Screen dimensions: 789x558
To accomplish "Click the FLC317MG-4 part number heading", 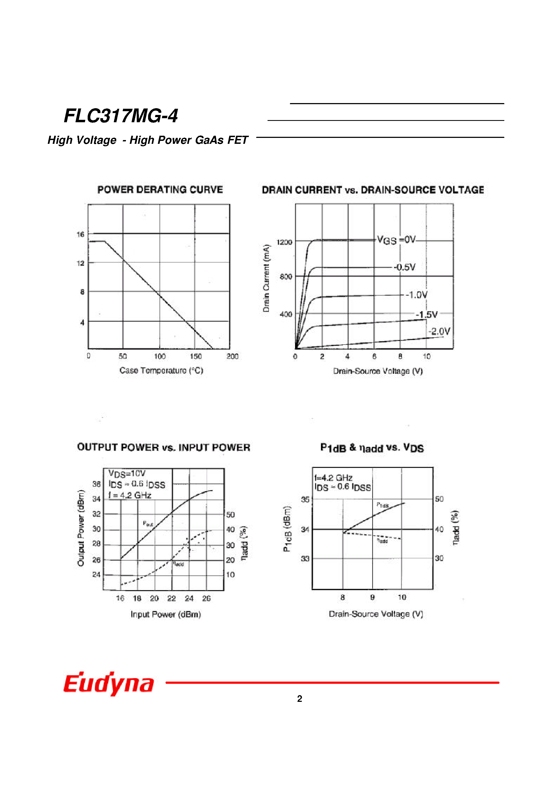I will pyautogui.click(x=121, y=116).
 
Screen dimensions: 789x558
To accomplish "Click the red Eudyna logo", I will pyautogui.click(x=109, y=683).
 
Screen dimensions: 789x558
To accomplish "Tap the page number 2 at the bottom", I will pyautogui.click(x=299, y=699).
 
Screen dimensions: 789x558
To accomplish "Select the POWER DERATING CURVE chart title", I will pyautogui.click(x=160, y=190).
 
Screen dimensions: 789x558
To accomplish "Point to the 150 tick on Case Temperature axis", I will pyautogui.click(x=196, y=356).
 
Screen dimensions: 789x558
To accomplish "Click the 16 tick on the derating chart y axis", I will pyautogui.click(x=80, y=234).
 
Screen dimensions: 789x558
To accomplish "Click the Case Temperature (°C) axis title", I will pyautogui.click(x=161, y=370).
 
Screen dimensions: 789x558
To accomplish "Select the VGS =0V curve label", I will pyautogui.click(x=396, y=240).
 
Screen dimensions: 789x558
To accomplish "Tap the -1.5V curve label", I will pyautogui.click(x=426, y=315).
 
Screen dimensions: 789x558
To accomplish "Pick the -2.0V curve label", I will pyautogui.click(x=439, y=331).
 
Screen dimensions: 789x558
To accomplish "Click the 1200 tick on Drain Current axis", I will pyautogui.click(x=284, y=242).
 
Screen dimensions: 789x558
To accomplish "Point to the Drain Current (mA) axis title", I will pyautogui.click(x=266, y=278).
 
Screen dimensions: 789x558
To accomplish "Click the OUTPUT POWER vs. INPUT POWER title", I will pyautogui.click(x=163, y=447).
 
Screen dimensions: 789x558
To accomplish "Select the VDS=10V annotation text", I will pyautogui.click(x=127, y=474).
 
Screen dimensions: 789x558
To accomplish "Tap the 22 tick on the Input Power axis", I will pyautogui.click(x=172, y=598).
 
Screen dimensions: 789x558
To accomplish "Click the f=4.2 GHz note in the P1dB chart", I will pyautogui.click(x=333, y=478).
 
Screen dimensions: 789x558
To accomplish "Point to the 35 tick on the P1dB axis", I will pyautogui.click(x=305, y=499).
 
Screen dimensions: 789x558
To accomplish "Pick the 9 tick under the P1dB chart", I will pyautogui.click(x=372, y=597).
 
